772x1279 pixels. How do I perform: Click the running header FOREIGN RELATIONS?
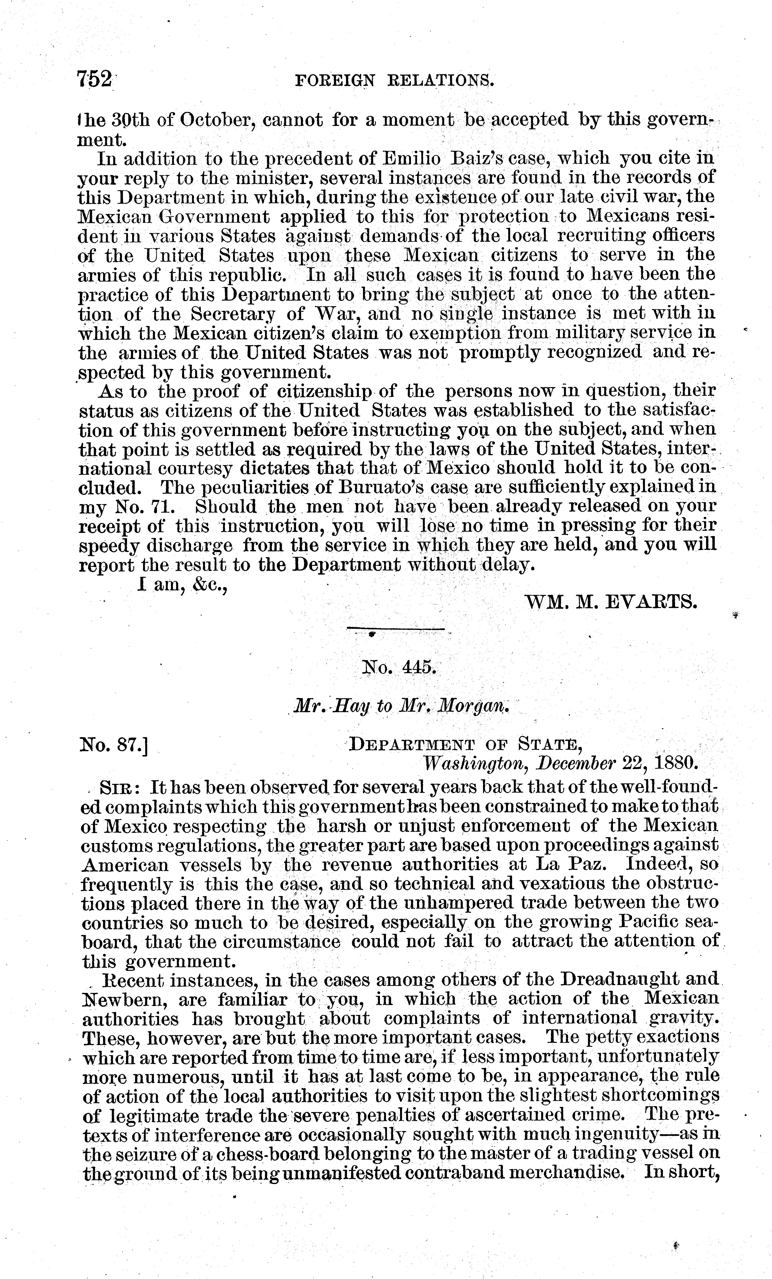coord(394,80)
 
